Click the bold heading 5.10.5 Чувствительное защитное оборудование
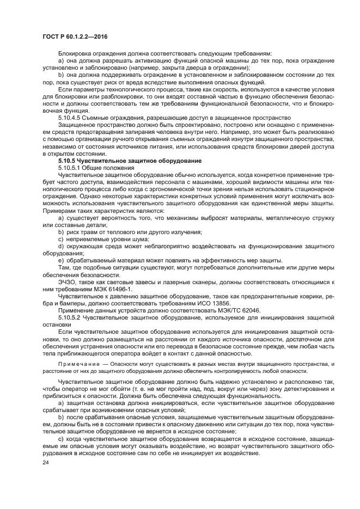[114, 161]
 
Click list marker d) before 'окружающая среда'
[60, 246]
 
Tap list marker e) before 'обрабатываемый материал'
[60, 260]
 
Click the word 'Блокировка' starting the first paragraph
[75, 54]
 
